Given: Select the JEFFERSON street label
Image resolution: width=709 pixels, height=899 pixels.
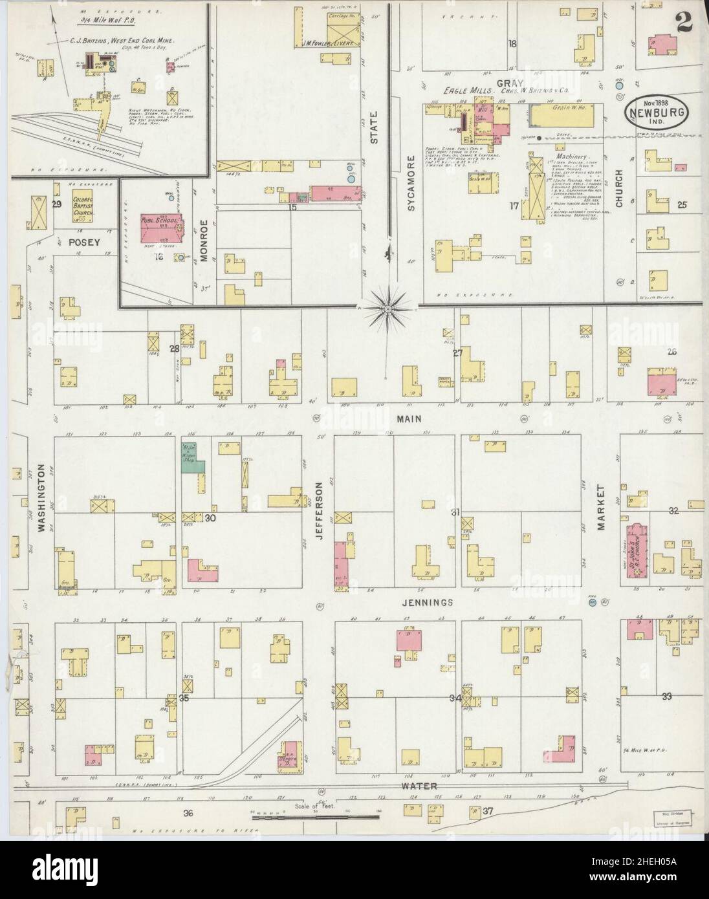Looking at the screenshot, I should coord(318,507).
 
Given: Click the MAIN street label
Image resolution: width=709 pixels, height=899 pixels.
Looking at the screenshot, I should coord(409,419).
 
